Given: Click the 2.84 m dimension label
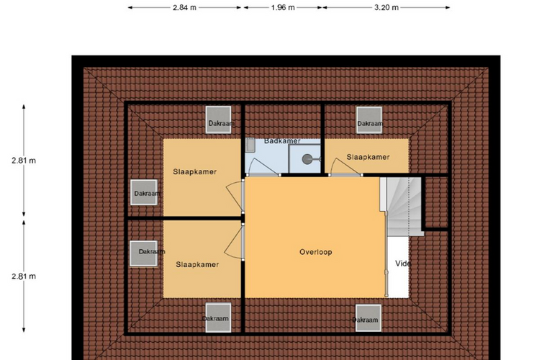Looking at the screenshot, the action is point(184,7).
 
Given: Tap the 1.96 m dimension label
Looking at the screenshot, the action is point(283,7).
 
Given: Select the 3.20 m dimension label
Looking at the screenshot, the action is point(386,7).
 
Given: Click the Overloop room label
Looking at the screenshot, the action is point(316,252).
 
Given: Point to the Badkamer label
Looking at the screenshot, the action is point(282,141).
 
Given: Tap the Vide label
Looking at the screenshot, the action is point(403,264).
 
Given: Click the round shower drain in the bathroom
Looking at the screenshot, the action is point(307,159).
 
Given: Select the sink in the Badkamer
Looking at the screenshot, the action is point(250,145).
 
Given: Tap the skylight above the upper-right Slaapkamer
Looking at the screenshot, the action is point(369,120).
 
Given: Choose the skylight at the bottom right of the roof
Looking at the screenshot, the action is point(369,318).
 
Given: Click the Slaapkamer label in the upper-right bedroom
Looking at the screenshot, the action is point(368,157).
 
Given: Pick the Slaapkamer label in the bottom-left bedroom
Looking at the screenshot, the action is point(197,264).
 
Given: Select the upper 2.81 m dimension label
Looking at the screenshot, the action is point(24,161).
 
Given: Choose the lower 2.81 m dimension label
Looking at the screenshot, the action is point(24,276).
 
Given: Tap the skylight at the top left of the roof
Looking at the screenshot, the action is point(218,120).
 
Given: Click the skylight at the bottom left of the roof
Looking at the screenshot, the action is point(218,318).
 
